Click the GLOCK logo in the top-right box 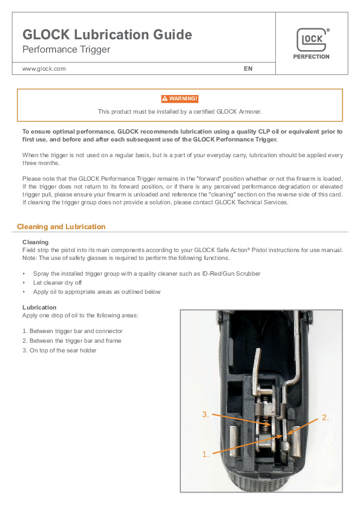(x=312, y=40)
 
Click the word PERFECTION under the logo (x=311, y=57)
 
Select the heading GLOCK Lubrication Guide (x=107, y=34)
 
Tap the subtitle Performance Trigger (x=67, y=50)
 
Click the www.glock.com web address (x=44, y=69)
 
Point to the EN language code (x=248, y=69)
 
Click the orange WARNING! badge (x=180, y=99)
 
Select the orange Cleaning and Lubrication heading (x=61, y=227)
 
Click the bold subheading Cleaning (x=36, y=242)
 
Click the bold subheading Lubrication (x=39, y=308)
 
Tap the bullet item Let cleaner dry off (x=57, y=283)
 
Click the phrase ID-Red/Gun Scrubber (x=231, y=274)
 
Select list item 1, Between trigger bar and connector (x=73, y=331)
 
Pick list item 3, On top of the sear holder (x=59, y=351)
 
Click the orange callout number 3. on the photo (x=205, y=415)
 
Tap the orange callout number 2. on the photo (x=326, y=418)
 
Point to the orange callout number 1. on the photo (x=205, y=455)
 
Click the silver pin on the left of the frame (x=235, y=441)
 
